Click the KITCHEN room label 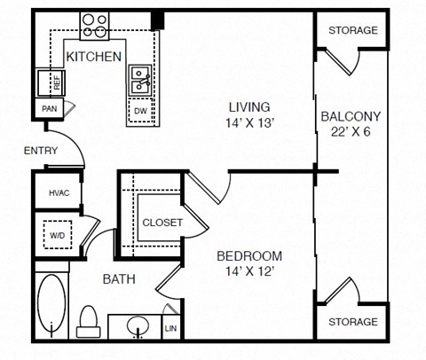[x=94, y=57]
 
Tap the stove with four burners [x=96, y=27]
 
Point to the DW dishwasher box [x=140, y=111]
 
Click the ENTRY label [x=40, y=152]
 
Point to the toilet [x=88, y=322]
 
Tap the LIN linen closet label [x=170, y=328]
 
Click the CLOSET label [x=162, y=223]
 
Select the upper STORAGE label [x=352, y=30]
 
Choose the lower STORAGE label [x=352, y=321]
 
